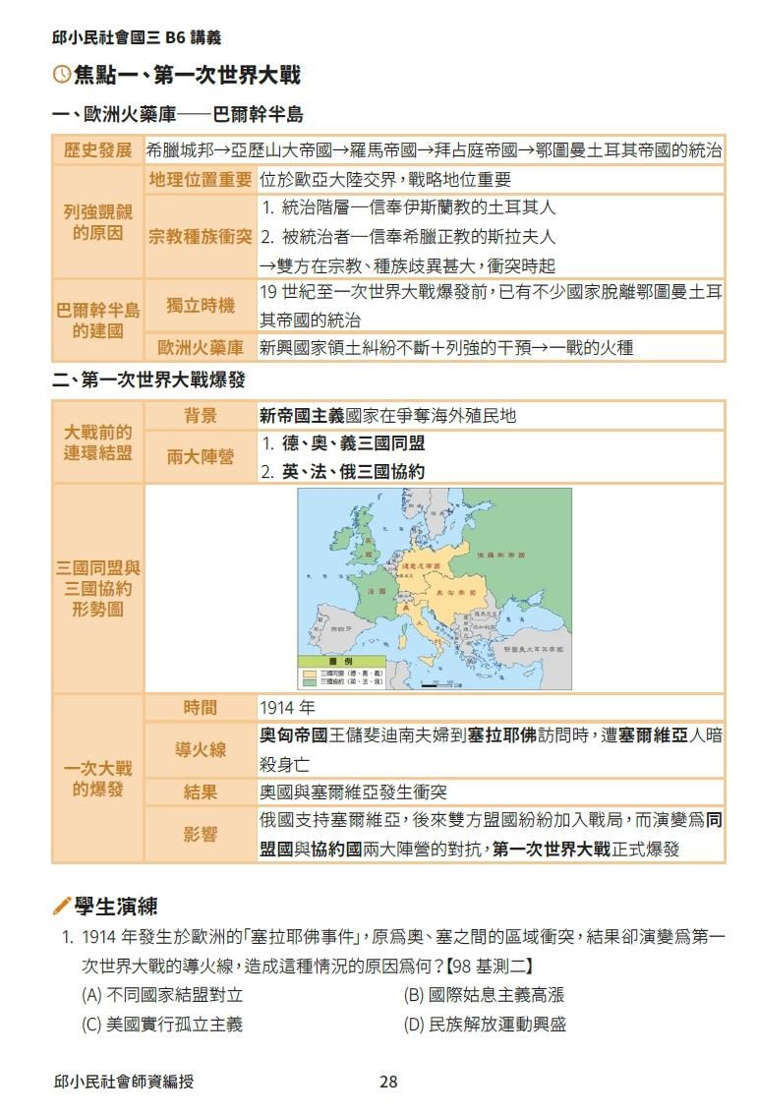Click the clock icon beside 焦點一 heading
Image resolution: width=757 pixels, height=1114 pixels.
click(x=61, y=75)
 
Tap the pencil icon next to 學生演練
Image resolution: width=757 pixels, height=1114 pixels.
click(x=61, y=905)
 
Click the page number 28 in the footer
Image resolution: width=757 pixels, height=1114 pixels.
click(x=388, y=1082)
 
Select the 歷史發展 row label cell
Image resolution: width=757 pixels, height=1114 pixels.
click(x=97, y=150)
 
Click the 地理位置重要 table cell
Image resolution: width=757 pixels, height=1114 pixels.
click(x=201, y=180)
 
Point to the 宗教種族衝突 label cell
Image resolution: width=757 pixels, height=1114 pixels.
click(x=201, y=237)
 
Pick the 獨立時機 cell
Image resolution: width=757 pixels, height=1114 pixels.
click(x=201, y=306)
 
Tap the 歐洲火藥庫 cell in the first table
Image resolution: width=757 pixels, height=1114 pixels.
click(x=201, y=347)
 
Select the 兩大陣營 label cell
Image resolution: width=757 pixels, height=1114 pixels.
click(x=201, y=457)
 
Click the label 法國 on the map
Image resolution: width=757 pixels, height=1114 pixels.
click(x=377, y=592)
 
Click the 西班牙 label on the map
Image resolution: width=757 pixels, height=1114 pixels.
click(x=341, y=627)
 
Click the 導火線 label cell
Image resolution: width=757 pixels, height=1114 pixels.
click(x=201, y=749)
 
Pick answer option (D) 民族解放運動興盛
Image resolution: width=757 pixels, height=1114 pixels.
click(x=485, y=1025)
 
